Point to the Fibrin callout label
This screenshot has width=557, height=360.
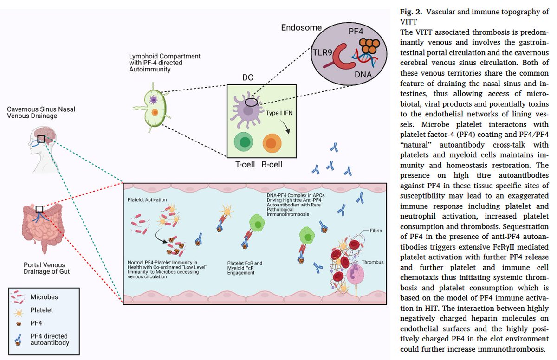click(x=376, y=231)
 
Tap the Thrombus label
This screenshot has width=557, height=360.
click(x=374, y=262)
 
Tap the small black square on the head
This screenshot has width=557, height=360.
click(x=41, y=139)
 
